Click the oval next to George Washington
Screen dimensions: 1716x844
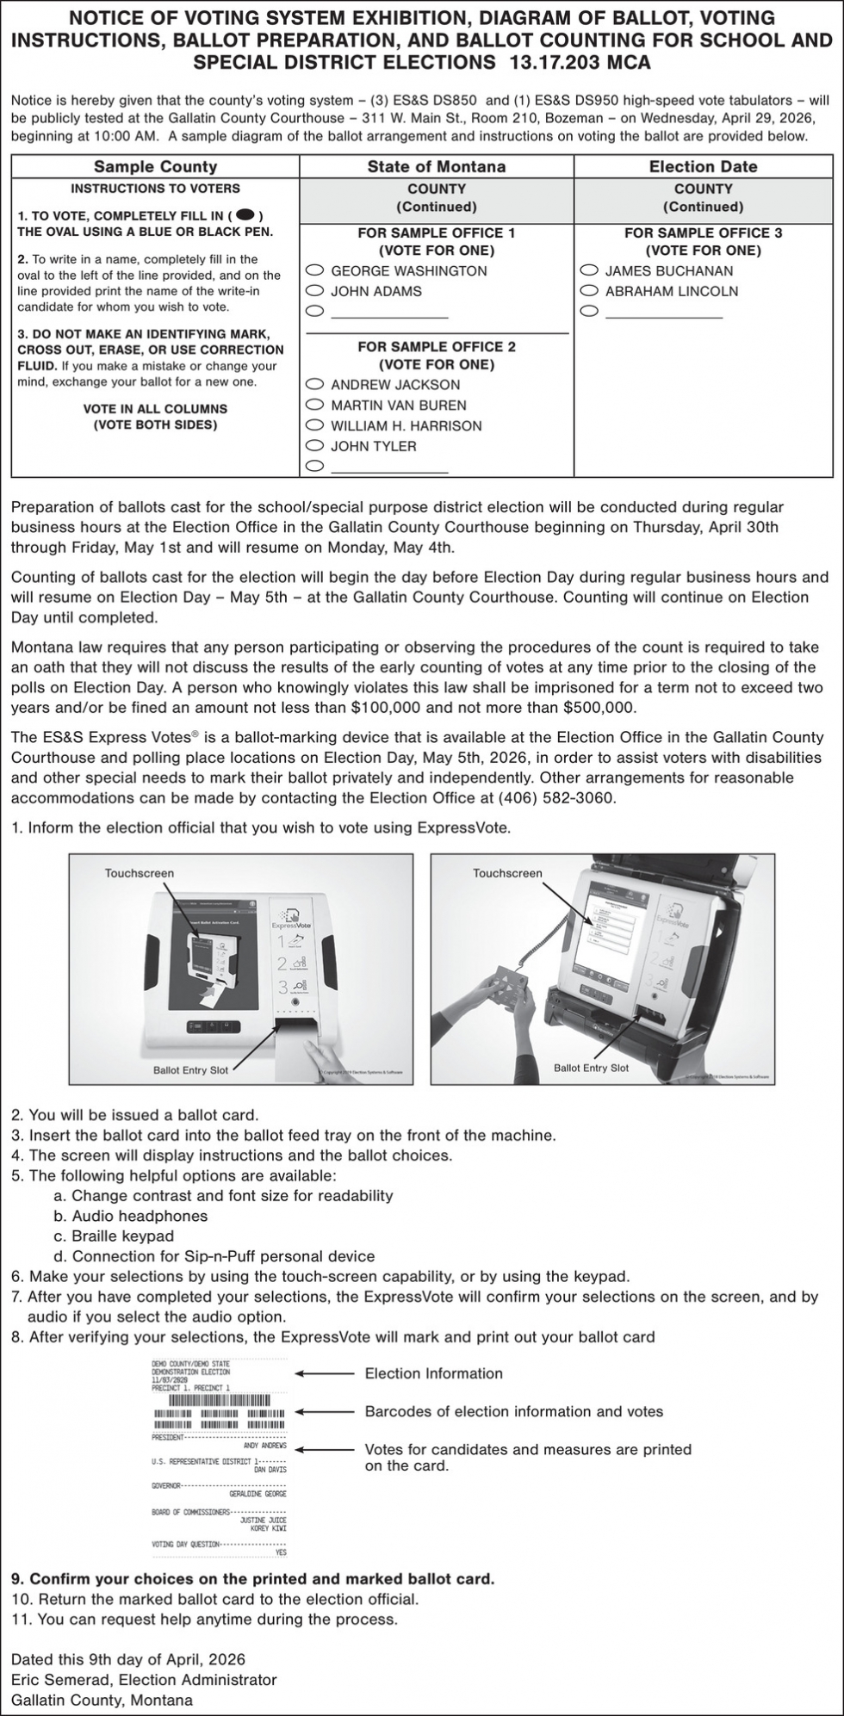[315, 270]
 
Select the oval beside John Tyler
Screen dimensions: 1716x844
[315, 446]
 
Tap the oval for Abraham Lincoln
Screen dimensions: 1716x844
[590, 291]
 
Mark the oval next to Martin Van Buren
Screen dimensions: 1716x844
[315, 405]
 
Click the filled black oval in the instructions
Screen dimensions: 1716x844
[245, 215]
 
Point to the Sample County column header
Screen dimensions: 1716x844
[155, 166]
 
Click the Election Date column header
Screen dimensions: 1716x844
[703, 166]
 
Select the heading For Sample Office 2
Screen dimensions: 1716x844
[437, 346]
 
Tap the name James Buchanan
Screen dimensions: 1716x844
[668, 270]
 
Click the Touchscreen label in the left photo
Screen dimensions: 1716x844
[139, 873]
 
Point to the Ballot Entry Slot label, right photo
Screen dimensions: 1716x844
[591, 1068]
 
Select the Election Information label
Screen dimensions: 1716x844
[433, 1373]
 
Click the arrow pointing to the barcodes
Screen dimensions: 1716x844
[325, 1411]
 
